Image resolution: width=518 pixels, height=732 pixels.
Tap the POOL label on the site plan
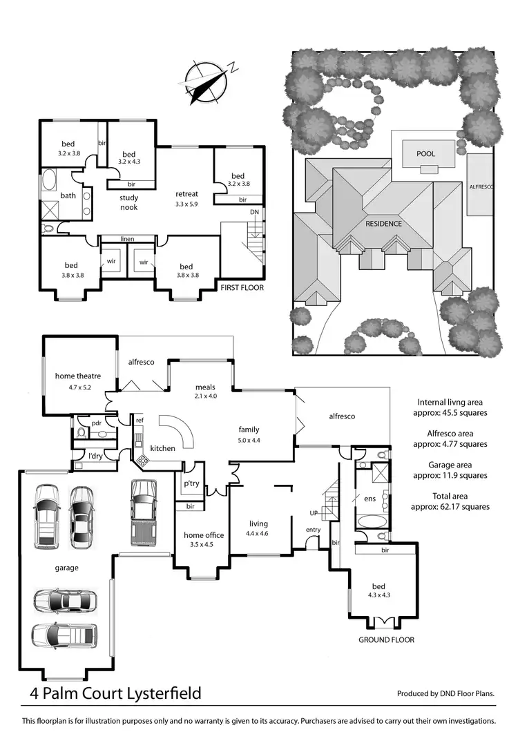pos(425,153)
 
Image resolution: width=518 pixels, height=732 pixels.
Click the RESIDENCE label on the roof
pos(385,224)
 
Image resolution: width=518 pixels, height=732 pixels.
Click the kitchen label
pos(163,448)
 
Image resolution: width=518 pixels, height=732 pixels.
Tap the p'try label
pos(191,483)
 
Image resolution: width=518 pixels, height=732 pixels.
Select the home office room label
pos(203,534)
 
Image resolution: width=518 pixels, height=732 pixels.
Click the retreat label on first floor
pos(187,193)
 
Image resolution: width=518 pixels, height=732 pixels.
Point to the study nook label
pos(129,202)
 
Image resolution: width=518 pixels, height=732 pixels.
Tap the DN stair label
pos(255,213)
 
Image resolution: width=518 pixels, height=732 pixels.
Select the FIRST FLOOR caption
pos(242,287)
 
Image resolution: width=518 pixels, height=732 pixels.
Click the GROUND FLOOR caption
pos(386,639)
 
